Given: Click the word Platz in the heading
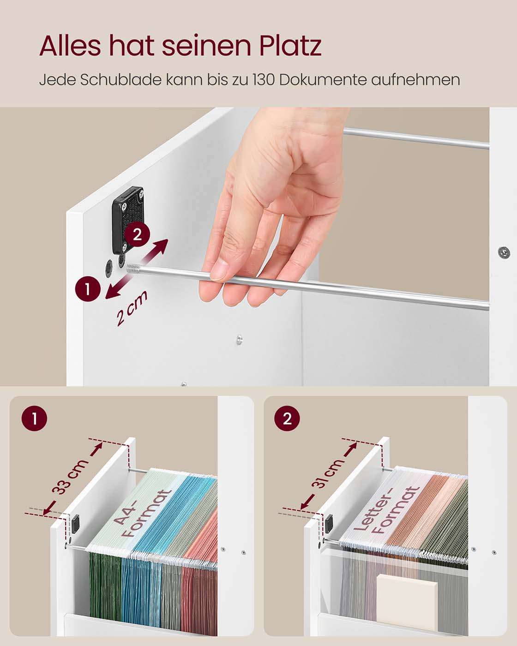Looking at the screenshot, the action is pos(290,45).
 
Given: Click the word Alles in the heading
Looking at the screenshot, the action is pos(70,45).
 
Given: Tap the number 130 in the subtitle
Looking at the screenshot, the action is pos(263,80).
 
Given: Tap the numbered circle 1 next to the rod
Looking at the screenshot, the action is pos(87,289).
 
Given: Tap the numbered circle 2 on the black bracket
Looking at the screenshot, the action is pos(137,234).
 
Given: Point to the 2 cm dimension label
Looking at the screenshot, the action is pos(132,308).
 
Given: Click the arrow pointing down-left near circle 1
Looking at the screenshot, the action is pos(118,287).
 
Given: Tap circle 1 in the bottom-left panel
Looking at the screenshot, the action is pos(34,419).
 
